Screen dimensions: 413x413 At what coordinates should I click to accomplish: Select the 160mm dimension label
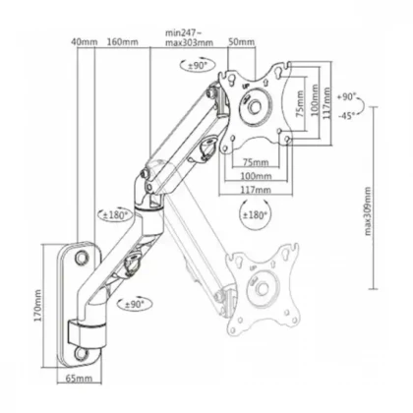122,42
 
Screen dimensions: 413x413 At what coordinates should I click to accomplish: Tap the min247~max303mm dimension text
189,37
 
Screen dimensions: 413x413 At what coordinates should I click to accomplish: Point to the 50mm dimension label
242,42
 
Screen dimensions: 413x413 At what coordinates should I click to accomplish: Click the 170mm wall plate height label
38,306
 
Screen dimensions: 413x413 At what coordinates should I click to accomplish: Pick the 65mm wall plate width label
79,379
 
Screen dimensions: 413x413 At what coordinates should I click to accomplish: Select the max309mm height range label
368,211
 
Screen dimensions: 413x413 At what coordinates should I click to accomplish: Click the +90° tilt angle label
346,97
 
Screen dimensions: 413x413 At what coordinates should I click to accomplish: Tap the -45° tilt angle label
346,115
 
